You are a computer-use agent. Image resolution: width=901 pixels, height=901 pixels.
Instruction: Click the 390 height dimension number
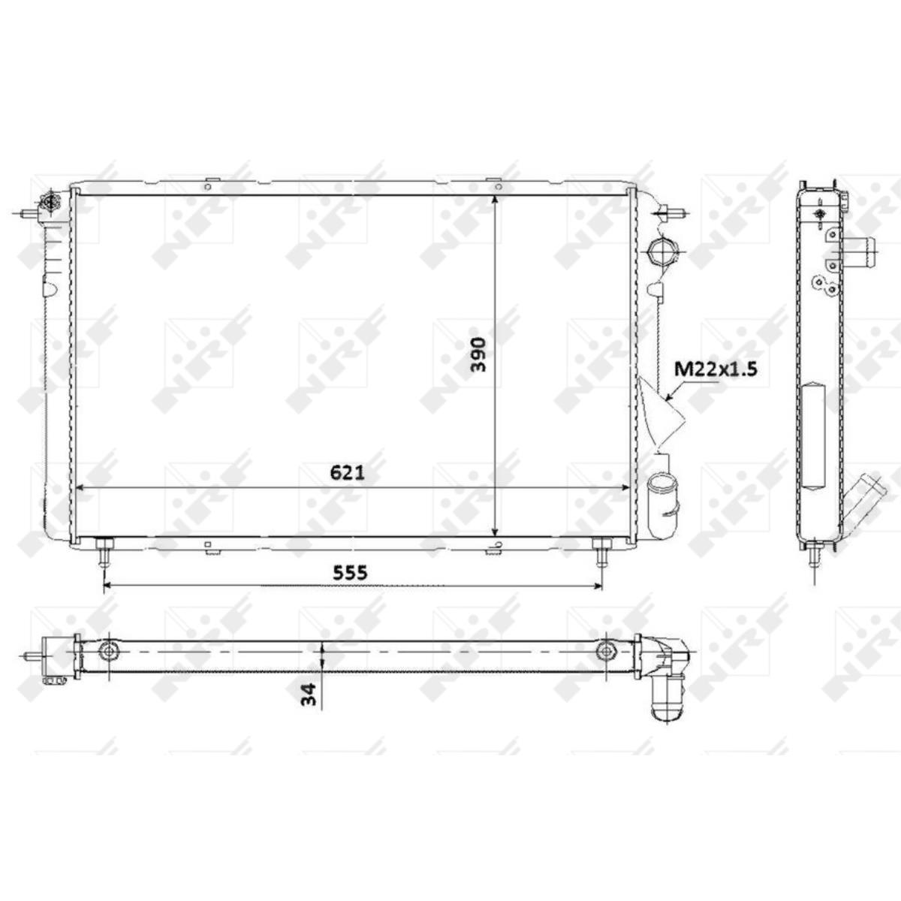(x=478, y=355)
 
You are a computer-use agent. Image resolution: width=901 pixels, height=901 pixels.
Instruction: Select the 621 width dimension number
(x=347, y=473)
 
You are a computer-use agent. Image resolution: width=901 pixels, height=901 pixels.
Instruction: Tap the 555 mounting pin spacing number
(x=350, y=572)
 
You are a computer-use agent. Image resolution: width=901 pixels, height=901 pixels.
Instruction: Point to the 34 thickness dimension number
(x=309, y=695)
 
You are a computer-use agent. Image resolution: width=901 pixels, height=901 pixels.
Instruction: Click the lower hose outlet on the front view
(x=663, y=506)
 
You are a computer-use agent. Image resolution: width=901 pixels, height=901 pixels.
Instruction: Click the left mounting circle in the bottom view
(x=108, y=651)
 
